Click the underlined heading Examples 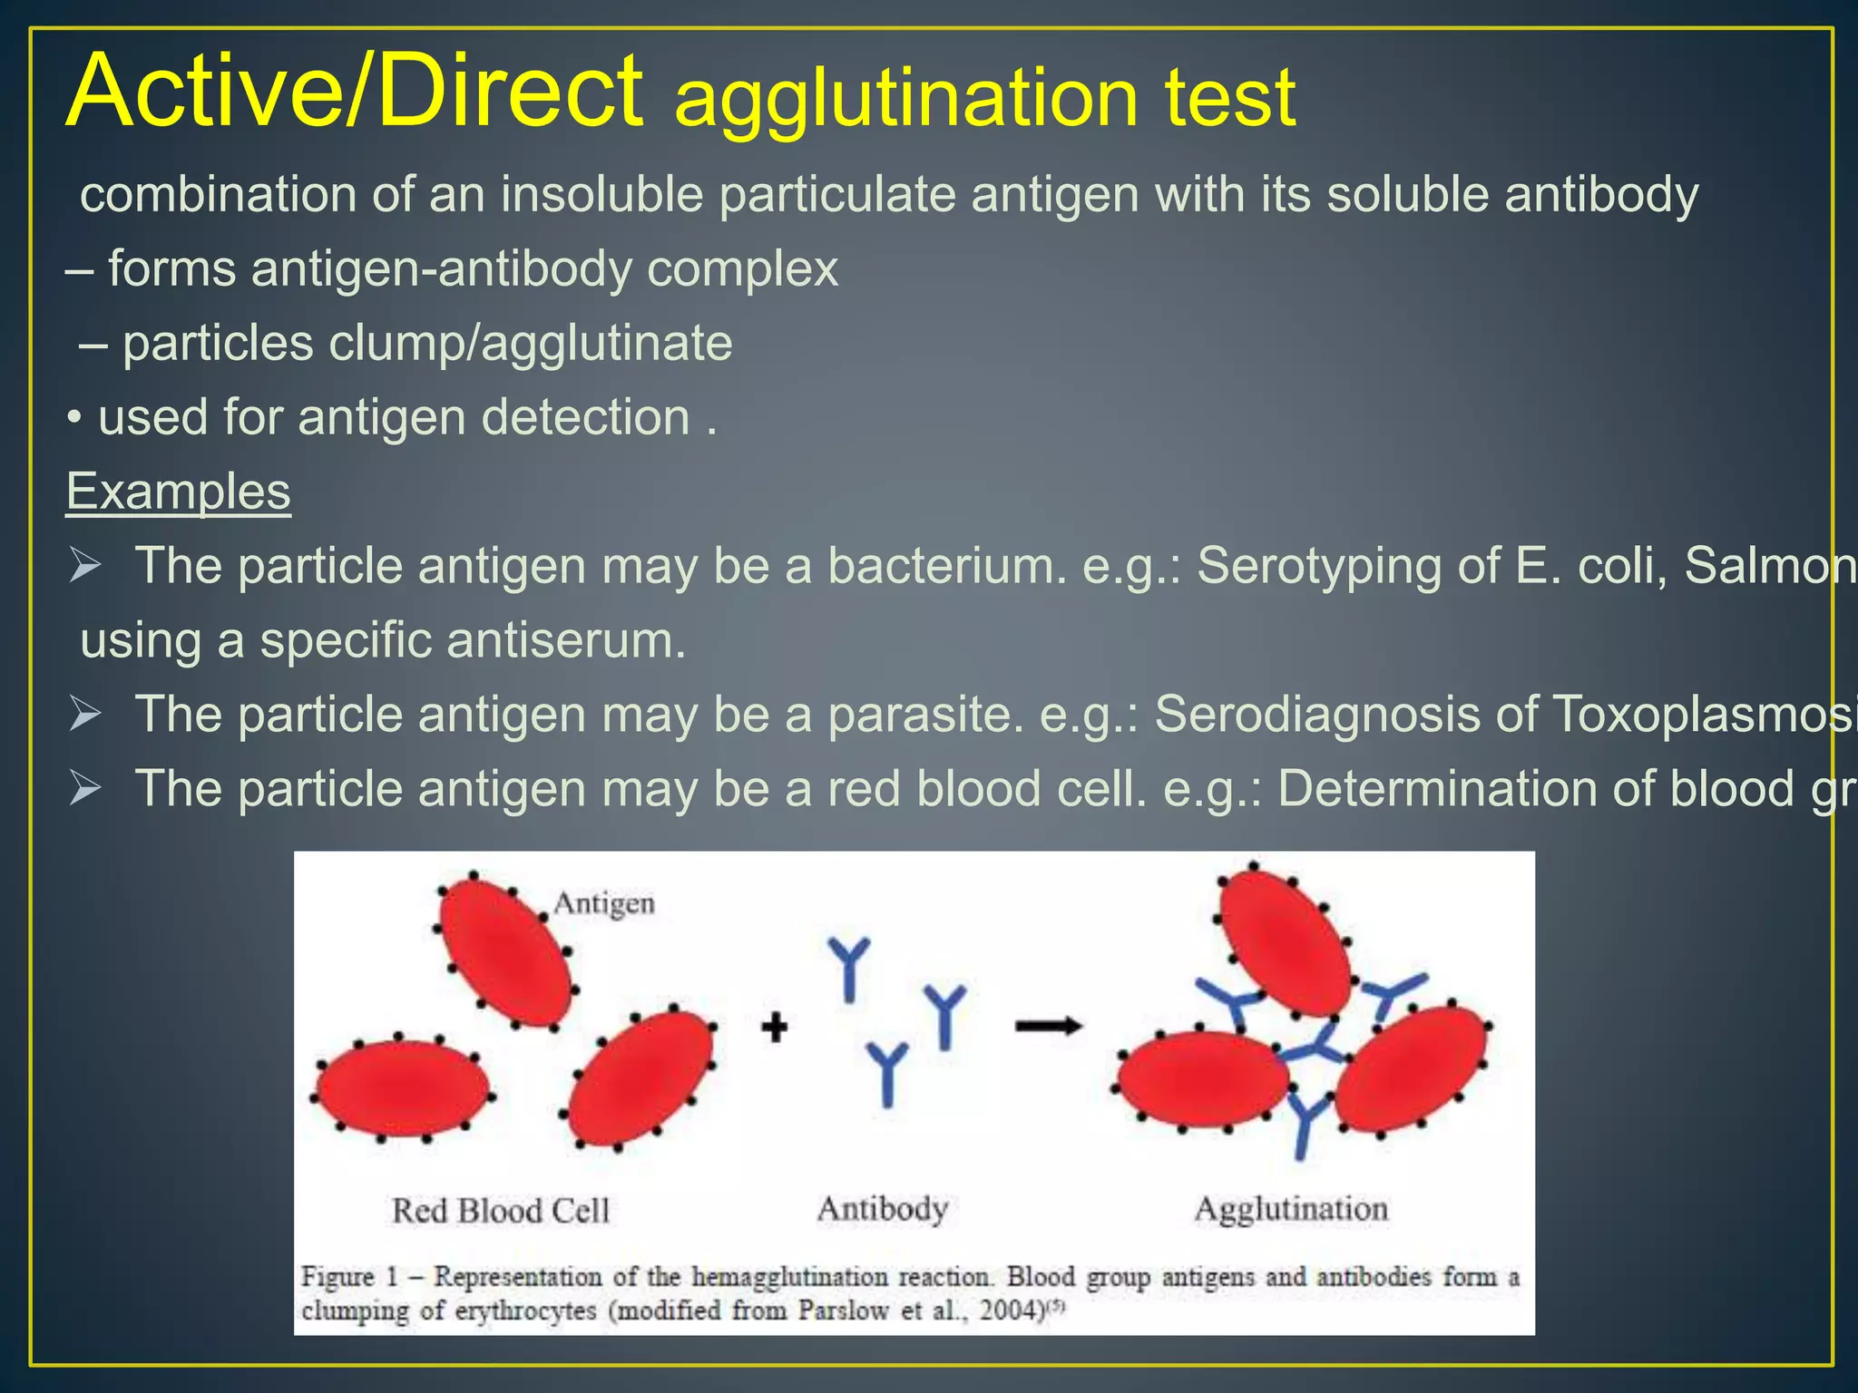pyautogui.click(x=178, y=492)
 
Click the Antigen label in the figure pyautogui.click(x=604, y=903)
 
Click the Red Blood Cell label pyautogui.click(x=500, y=1211)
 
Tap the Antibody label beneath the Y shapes pyautogui.click(x=882, y=1209)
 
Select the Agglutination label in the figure pyautogui.click(x=1290, y=1209)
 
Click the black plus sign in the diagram pyautogui.click(x=774, y=1028)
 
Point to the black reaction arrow pyautogui.click(x=1048, y=1027)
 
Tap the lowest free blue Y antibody pyautogui.click(x=887, y=1074)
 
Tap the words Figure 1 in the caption pyautogui.click(x=349, y=1277)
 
